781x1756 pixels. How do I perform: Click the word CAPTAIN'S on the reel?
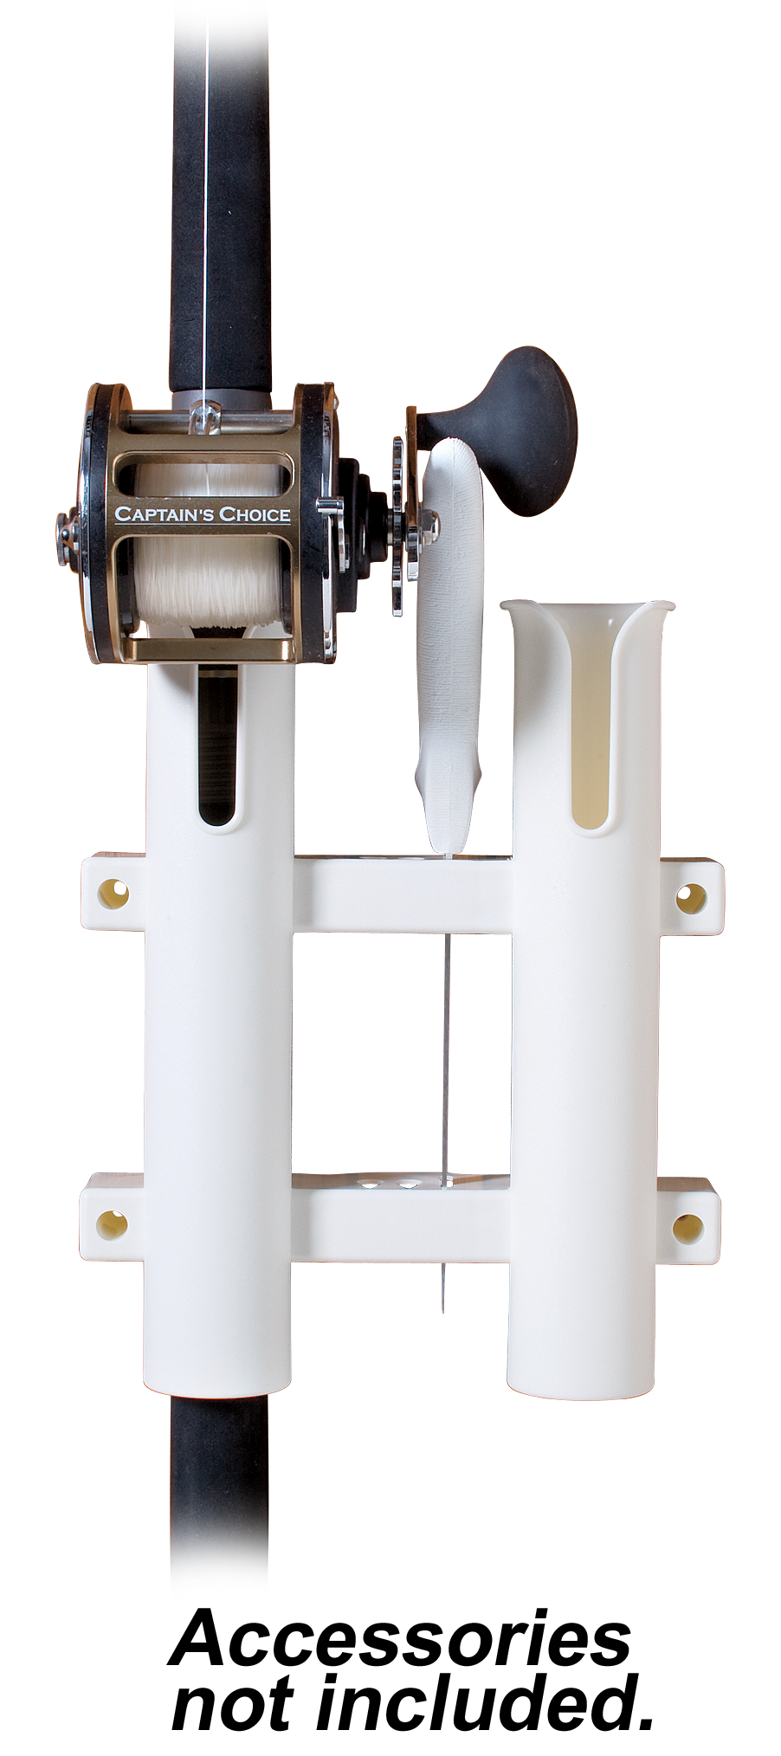pyautogui.click(x=165, y=513)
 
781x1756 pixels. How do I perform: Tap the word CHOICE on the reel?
pyautogui.click(x=255, y=513)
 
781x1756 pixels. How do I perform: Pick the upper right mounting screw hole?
pyautogui.click(x=690, y=899)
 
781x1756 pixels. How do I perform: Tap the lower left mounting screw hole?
pyautogui.click(x=112, y=1223)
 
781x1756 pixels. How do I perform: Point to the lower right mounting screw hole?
pyautogui.click(x=688, y=1227)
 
